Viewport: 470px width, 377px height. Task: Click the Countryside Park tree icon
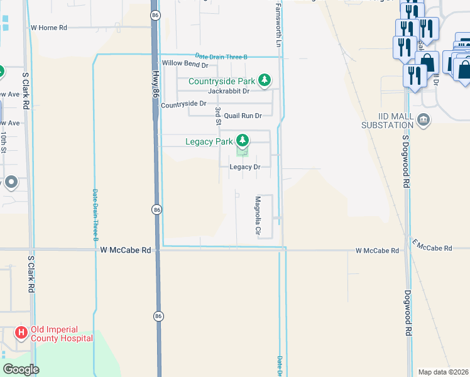(x=265, y=80)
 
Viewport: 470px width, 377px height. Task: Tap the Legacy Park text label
(x=209, y=141)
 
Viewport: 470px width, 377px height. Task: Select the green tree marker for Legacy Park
(x=242, y=141)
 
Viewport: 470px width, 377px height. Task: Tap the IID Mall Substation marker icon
(x=424, y=119)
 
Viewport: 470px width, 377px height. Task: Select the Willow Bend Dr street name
(x=185, y=63)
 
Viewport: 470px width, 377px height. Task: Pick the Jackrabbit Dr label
(x=229, y=91)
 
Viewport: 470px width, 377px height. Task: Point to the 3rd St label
(x=218, y=116)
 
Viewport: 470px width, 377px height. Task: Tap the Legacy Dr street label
(x=245, y=167)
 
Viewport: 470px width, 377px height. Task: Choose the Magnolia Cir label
(x=258, y=216)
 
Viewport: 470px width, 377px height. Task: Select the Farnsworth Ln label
(x=277, y=25)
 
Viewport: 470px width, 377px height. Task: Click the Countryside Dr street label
(x=183, y=104)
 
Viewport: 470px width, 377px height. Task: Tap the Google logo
(x=21, y=369)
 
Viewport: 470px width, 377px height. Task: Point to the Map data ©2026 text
(x=444, y=372)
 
